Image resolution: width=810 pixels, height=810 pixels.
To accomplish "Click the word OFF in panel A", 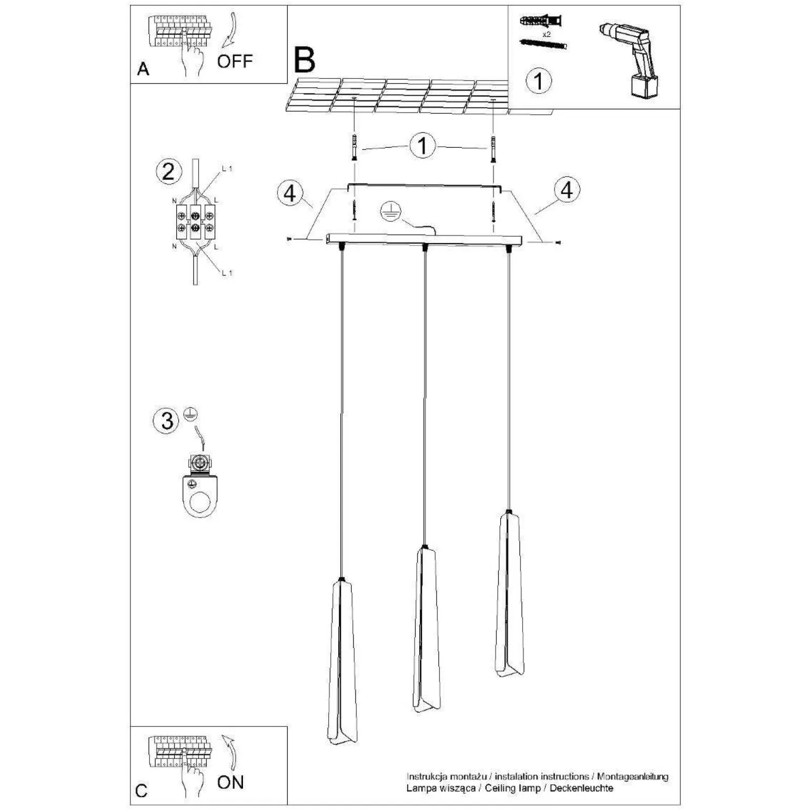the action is click(x=235, y=61).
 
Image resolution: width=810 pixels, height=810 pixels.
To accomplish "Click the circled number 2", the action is click(x=168, y=171).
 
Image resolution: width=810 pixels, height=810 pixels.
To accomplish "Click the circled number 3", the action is click(x=167, y=421).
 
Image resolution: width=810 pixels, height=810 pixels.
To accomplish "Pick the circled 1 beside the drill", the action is click(x=539, y=81).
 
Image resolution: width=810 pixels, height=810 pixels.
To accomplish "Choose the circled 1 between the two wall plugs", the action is click(x=423, y=145).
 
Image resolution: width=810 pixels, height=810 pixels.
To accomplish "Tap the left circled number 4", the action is click(x=290, y=193).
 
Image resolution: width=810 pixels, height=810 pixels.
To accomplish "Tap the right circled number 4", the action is click(x=566, y=189).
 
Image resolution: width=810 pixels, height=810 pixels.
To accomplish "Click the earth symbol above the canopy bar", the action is click(x=391, y=211).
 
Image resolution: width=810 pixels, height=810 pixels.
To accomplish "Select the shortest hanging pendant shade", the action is click(x=510, y=594).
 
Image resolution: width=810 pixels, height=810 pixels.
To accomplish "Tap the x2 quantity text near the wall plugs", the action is click(x=547, y=34).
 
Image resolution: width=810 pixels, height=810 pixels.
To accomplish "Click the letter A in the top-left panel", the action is click(x=143, y=69).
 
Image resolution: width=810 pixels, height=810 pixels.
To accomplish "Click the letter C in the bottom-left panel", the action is click(x=141, y=791).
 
